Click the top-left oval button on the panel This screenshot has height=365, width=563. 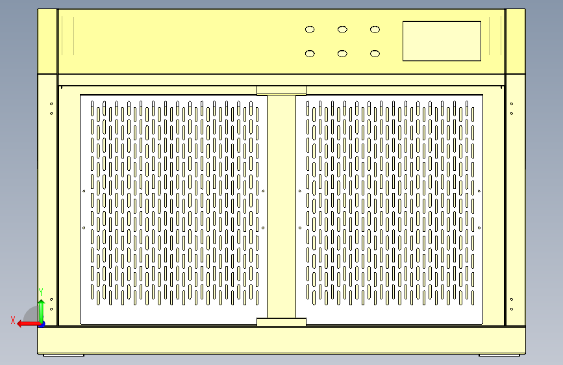[310, 29]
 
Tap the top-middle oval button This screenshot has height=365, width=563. [342, 29]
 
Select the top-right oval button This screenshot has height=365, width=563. [375, 29]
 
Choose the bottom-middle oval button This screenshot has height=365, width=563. [342, 53]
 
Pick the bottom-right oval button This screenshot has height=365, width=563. [375, 53]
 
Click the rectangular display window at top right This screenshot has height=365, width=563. [442, 41]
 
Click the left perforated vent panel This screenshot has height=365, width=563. [173, 209]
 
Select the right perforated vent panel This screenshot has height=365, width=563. [390, 209]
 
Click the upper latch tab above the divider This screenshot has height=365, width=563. [281, 90]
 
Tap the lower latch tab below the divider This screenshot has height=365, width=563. [281, 322]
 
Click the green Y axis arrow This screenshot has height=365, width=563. [41, 308]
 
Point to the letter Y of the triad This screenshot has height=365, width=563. [41, 292]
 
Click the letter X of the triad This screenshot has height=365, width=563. [12, 320]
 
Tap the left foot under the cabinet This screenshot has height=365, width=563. [64, 355]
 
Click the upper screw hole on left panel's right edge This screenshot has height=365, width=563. [263, 191]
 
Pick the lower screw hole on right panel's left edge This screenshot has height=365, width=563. [299, 228]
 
